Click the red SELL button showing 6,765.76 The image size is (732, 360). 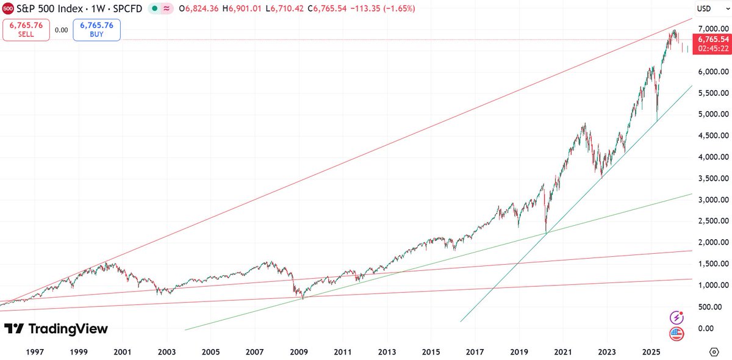tap(26, 29)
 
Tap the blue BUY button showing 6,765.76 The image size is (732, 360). tap(96, 29)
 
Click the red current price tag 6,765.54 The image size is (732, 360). tap(714, 40)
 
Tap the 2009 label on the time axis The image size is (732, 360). tap(298, 352)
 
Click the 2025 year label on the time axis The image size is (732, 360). tap(651, 352)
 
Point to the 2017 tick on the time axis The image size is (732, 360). tap(475, 352)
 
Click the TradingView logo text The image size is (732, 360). tap(56, 329)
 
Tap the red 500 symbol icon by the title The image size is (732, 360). tap(8, 9)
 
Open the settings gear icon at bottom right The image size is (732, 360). tap(714, 352)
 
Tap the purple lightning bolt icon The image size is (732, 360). tap(676, 317)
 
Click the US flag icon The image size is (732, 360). tap(676, 333)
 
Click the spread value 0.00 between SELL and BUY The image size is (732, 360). tap(61, 29)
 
